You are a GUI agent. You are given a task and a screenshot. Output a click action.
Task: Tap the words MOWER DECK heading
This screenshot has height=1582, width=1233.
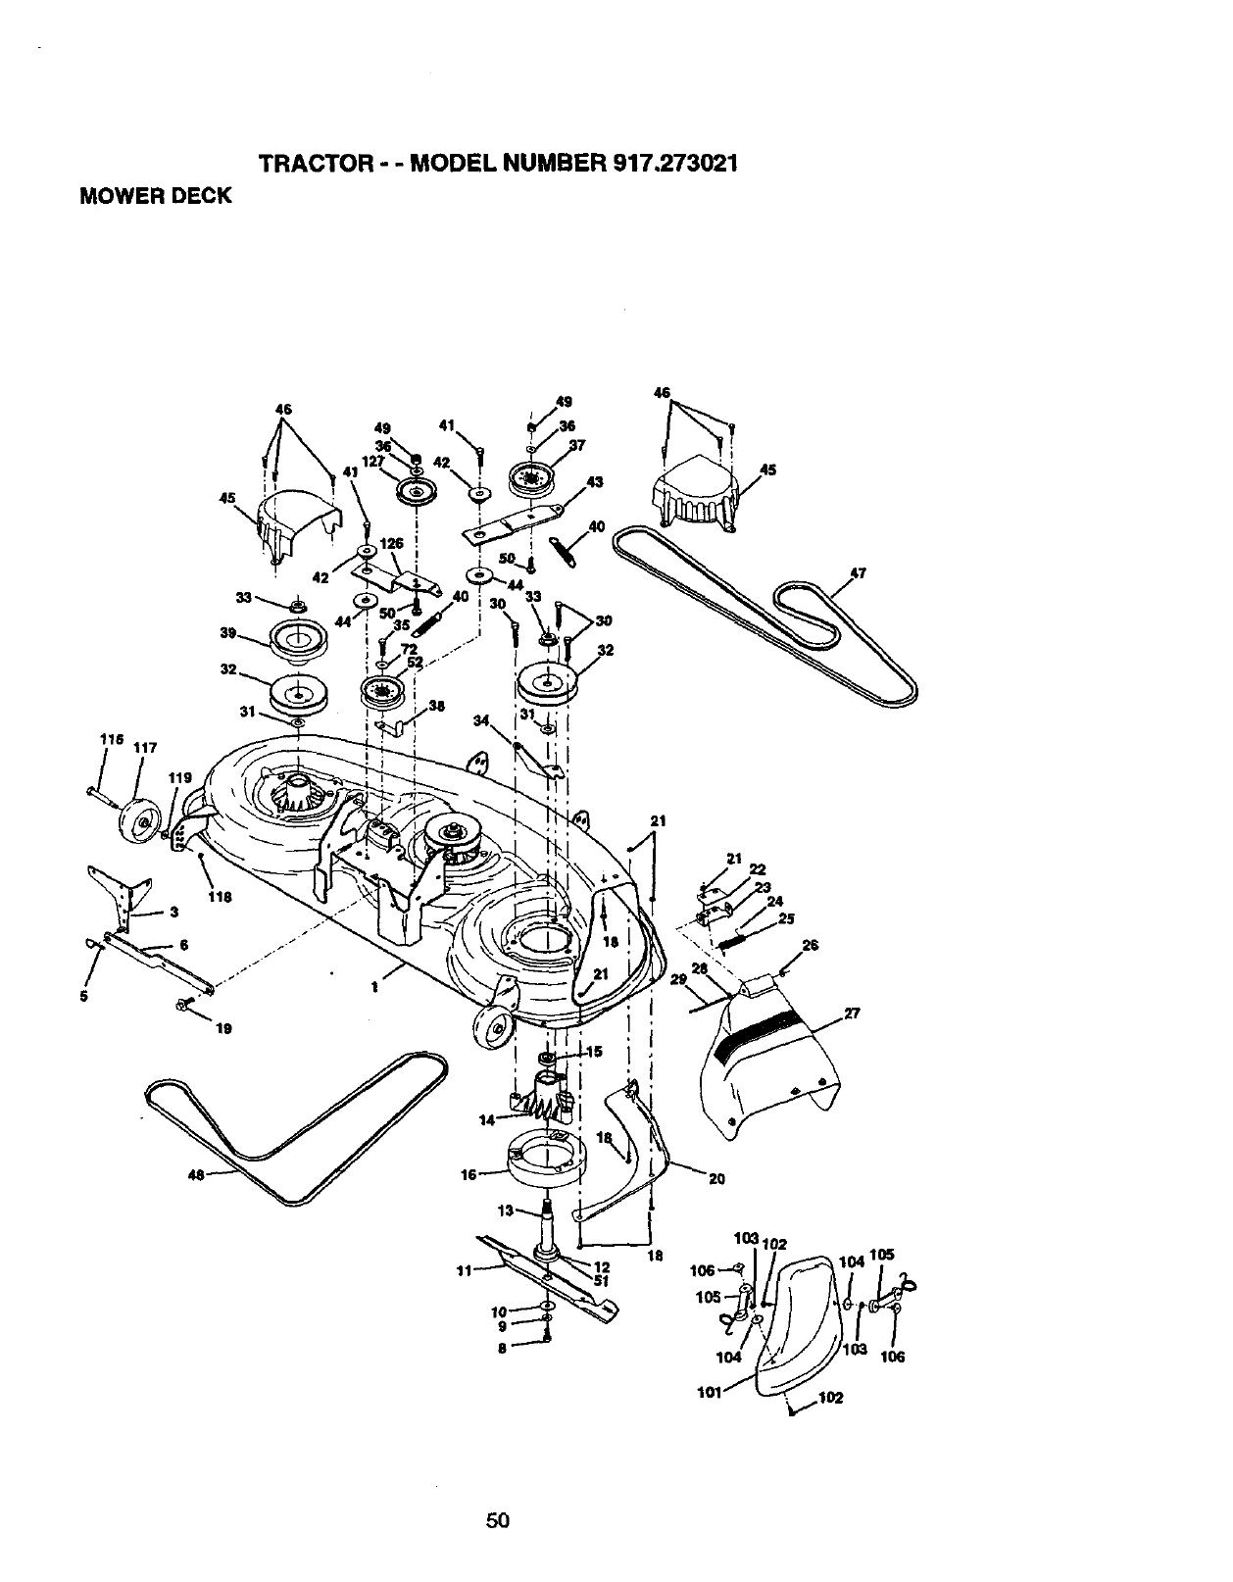tap(156, 195)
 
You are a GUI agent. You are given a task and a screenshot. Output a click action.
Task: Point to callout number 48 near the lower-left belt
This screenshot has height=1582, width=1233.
tap(194, 1176)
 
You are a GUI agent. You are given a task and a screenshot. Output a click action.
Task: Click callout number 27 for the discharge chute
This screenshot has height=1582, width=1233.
tap(852, 1014)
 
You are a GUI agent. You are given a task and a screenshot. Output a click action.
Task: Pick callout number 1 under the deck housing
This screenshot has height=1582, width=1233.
tap(373, 987)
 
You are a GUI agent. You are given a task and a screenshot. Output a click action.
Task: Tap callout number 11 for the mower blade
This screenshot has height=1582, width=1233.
tap(465, 1271)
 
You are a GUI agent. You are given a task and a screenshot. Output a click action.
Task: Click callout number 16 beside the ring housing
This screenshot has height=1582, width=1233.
tap(468, 1173)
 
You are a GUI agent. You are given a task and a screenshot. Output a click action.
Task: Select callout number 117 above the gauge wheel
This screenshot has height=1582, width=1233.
tap(145, 748)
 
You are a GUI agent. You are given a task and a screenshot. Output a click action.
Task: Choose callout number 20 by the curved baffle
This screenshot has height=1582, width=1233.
tap(716, 1179)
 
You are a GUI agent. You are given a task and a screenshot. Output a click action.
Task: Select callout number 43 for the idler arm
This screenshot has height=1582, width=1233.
tap(594, 481)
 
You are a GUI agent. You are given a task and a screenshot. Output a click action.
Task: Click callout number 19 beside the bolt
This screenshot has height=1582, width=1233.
tap(223, 1028)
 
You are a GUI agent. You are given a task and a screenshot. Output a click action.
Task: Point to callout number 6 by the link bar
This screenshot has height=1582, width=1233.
tap(183, 945)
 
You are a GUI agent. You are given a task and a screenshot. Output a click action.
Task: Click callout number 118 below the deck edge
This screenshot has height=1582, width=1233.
tap(220, 896)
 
